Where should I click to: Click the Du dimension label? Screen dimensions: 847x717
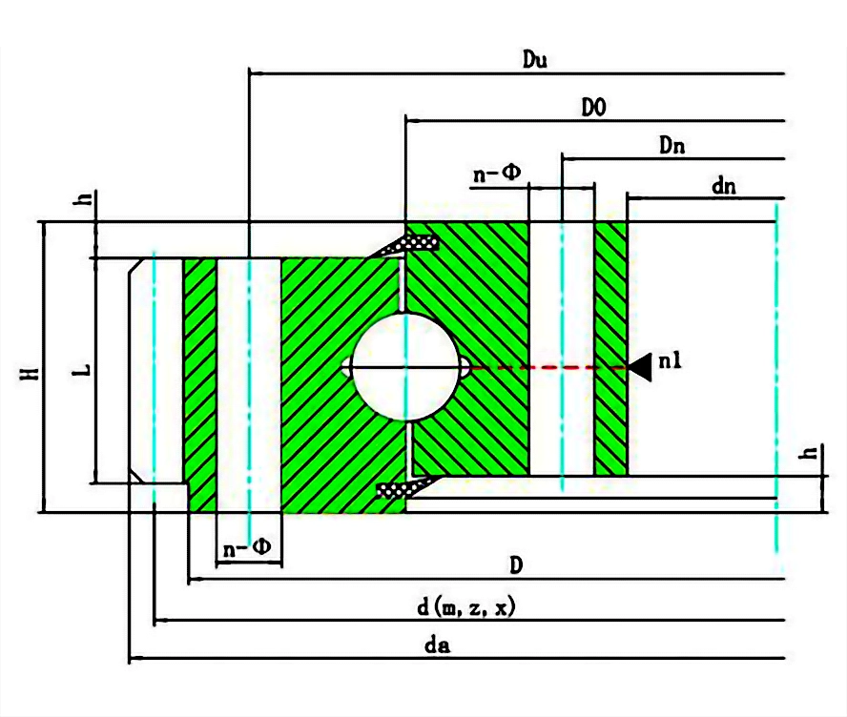pos(534,59)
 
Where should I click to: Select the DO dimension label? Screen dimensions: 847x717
pos(593,108)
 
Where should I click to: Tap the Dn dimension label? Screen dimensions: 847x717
pos(672,145)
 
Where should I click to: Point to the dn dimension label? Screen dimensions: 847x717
pos(724,186)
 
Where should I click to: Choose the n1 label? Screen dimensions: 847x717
pos(670,361)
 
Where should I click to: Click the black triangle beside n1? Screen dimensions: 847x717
pos(641,368)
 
